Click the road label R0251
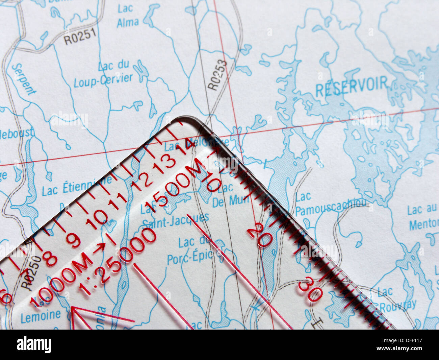pyautogui.click(x=80, y=36)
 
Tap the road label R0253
pyautogui.click(x=217, y=75)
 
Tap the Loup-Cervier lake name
pyautogui.click(x=103, y=73)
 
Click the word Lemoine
pyautogui.click(x=41, y=316)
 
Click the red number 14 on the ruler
pyautogui.click(x=185, y=147)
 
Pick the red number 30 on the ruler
pyautogui.click(x=310, y=289)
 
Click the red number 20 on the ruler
pyautogui.click(x=259, y=234)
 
